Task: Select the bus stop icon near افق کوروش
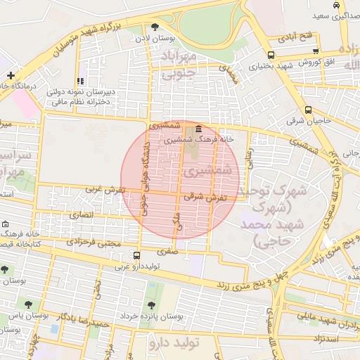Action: point(316,51)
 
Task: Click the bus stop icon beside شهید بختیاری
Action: point(271,55)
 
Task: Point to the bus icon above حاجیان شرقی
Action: point(309,109)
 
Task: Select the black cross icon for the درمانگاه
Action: point(11,75)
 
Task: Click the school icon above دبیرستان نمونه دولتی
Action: point(81,82)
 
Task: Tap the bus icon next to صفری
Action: point(136,256)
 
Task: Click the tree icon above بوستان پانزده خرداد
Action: point(151,305)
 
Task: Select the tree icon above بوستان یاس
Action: point(28,305)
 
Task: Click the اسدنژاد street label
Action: point(328,338)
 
